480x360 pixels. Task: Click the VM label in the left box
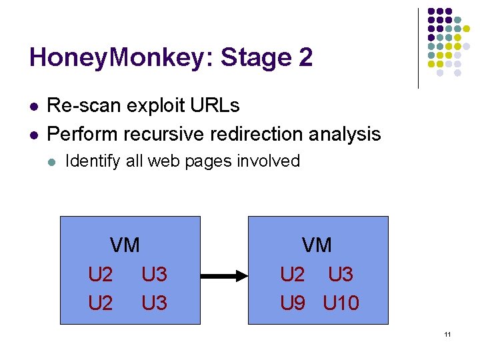125,245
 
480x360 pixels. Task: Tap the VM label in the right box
317,245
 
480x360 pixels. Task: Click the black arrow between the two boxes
224,275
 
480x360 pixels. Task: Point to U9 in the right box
293,303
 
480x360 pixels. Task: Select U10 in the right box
341,303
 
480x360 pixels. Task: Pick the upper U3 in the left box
154,275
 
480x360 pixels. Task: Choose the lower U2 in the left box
101,303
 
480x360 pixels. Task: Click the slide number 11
447,334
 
